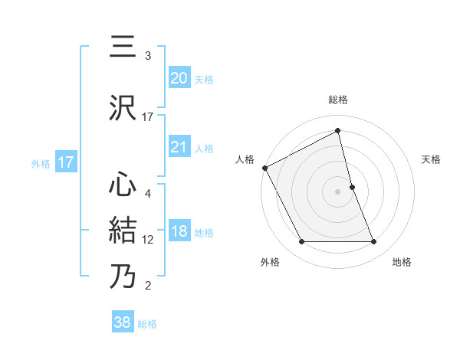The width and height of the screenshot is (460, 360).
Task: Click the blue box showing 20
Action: point(179,78)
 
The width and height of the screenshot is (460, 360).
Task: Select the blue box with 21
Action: point(179,147)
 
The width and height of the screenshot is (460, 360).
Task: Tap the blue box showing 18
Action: point(179,231)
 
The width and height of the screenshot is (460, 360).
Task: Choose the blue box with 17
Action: point(66,162)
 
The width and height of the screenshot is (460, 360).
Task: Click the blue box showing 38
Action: point(122,323)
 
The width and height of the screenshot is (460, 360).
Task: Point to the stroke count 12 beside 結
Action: point(149,240)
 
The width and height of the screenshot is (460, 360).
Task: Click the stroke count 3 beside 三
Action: point(148,56)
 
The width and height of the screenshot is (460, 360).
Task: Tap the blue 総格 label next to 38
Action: point(147,324)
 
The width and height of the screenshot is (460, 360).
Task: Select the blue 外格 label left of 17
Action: point(41,163)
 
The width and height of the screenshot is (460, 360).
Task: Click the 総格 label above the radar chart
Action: point(338,100)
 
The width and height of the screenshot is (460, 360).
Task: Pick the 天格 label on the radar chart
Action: point(432,159)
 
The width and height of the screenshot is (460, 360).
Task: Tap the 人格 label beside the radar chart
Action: point(245,159)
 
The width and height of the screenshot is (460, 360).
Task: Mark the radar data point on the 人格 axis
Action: point(264,168)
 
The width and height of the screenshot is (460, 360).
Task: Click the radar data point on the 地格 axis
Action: point(374,242)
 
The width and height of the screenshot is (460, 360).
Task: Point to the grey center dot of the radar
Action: point(338,191)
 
